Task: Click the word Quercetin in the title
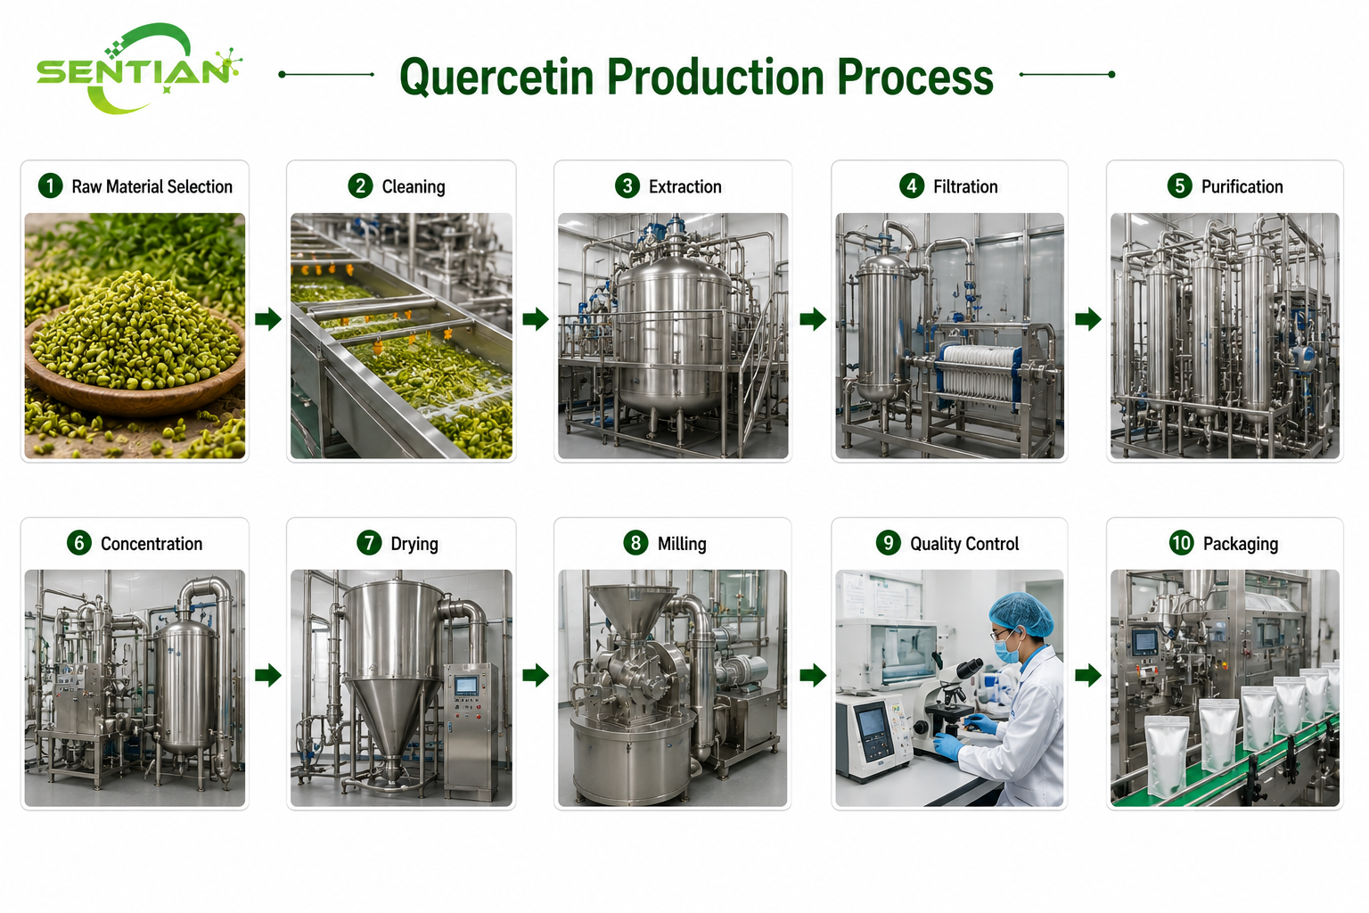496,78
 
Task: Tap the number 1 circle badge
51,186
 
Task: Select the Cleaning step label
414,186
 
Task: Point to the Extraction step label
685,186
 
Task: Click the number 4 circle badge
912,186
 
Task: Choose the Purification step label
1242,186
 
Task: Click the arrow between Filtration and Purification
1088,318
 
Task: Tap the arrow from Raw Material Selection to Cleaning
267,318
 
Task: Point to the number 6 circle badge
79,543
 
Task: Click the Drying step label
414,544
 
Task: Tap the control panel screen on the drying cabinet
466,686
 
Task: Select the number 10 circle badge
1181,543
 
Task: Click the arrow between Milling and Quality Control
813,676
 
